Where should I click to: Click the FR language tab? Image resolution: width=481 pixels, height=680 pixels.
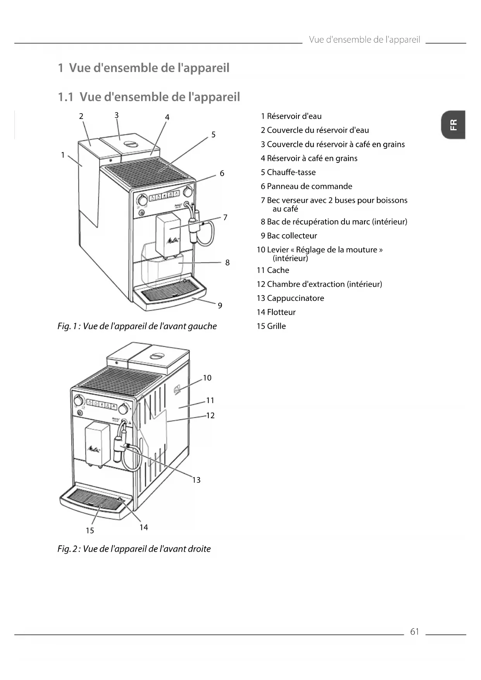coord(453,125)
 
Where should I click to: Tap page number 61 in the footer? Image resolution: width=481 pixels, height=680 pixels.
coord(414,632)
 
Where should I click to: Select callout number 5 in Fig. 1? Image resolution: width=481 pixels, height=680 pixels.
coord(213,135)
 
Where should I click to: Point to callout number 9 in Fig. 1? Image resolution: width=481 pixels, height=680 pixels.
coord(220,305)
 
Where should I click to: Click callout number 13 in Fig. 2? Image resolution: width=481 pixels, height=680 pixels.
coord(197,480)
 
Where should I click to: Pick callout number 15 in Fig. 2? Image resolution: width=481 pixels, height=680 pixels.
coord(90,530)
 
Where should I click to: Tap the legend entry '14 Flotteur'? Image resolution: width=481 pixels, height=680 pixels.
coord(276,312)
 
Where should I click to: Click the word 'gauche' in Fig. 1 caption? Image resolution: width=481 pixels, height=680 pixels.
coord(202,326)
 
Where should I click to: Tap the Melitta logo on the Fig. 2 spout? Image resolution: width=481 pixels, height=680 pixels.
coord(94,450)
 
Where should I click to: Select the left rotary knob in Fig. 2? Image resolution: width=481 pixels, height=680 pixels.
coord(79,400)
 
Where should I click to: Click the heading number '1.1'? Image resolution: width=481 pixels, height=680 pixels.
coord(66,97)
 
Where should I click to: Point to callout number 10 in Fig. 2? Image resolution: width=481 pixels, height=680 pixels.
coord(207,378)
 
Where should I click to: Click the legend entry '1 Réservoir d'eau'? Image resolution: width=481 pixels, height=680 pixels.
coord(291,116)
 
